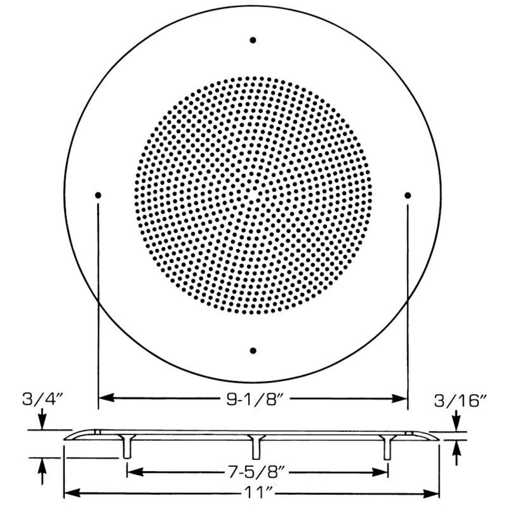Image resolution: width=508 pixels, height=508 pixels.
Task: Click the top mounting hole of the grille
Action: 253,40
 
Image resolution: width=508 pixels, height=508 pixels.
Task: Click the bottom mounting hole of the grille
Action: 253,351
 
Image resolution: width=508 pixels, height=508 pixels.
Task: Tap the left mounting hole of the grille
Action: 98,195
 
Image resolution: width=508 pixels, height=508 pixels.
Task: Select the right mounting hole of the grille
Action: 408,195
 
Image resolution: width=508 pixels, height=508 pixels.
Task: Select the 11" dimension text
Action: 253,493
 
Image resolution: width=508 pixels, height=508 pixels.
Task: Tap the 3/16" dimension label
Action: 460,400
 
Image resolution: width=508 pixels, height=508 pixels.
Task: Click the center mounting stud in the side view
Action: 256,448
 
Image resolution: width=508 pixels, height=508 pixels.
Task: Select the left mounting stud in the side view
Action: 127,448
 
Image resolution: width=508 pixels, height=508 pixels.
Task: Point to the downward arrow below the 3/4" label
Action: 42,424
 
